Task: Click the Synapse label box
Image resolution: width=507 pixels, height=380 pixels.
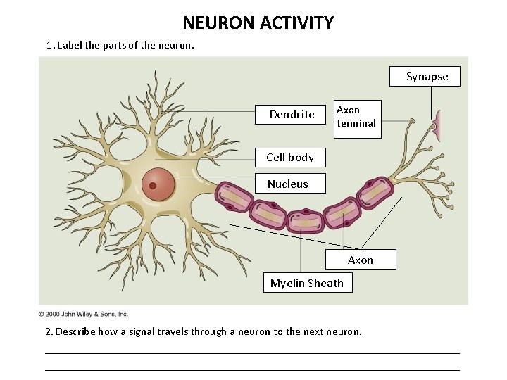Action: [x=427, y=77]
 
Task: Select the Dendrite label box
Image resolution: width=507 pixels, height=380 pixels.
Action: [x=292, y=114]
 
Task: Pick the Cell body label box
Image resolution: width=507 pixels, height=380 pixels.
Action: [x=290, y=157]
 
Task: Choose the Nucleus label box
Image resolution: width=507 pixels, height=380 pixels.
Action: [x=288, y=184]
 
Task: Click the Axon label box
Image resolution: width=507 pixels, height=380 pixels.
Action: [x=361, y=260]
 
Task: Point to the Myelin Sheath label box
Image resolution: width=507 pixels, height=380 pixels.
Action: [x=307, y=283]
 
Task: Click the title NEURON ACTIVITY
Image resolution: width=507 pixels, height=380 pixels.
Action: [x=258, y=23]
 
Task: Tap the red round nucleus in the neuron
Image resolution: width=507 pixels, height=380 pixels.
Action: [x=159, y=185]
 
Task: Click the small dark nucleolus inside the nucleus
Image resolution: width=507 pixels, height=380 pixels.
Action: [x=152, y=186]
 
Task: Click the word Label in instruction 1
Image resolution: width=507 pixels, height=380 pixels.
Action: [x=70, y=45]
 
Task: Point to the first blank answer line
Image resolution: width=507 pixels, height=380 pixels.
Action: [x=252, y=353]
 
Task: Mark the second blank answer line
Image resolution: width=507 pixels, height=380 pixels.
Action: [x=252, y=369]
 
